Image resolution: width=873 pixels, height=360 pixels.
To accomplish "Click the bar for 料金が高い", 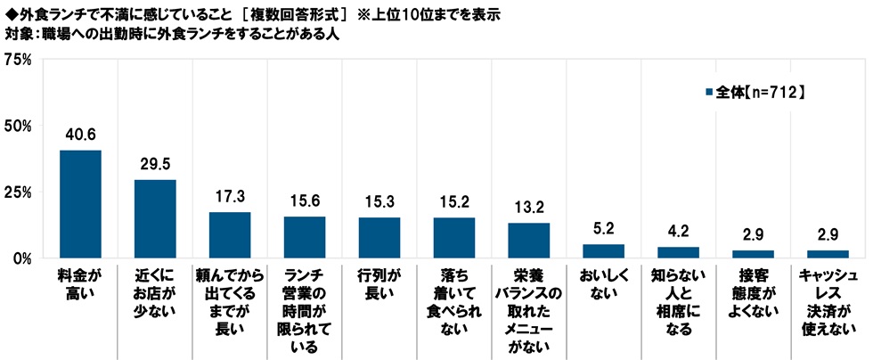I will pyautogui.click(x=80, y=204).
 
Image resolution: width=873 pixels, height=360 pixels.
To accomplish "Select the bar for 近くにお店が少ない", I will pyautogui.click(x=155, y=219).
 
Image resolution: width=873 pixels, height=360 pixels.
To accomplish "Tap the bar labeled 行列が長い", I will pyautogui.click(x=379, y=238).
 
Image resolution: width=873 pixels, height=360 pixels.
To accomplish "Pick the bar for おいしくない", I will pyautogui.click(x=604, y=251).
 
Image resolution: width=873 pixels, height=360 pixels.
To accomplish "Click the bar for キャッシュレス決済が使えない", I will pyautogui.click(x=828, y=255).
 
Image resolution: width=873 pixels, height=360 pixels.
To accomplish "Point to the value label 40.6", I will pyautogui.click(x=80, y=135).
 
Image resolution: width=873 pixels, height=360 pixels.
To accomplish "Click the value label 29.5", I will pyautogui.click(x=155, y=164).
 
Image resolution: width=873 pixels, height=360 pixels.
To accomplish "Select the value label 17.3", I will pyautogui.click(x=230, y=196).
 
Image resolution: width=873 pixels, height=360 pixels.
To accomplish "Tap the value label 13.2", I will pyautogui.click(x=529, y=208).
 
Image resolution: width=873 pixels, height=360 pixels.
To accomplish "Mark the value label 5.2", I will pyautogui.click(x=604, y=229).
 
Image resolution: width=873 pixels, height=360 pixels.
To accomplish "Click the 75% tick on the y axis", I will pyautogui.click(x=19, y=60).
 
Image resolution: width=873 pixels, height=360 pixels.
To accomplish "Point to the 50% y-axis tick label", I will pyautogui.click(x=19, y=127).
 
